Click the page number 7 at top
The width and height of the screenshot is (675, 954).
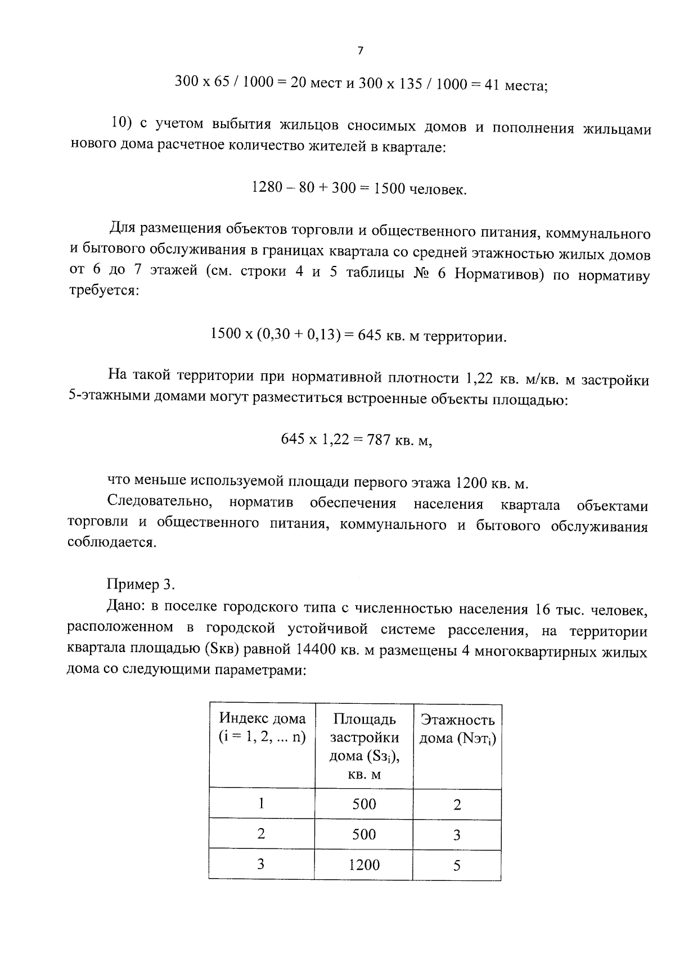click(x=360, y=51)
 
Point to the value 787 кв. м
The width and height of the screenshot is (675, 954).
click(x=399, y=439)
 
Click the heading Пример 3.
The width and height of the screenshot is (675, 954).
click(x=141, y=584)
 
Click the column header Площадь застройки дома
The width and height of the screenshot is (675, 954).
click(x=364, y=745)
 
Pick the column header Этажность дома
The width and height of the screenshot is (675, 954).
click(x=457, y=729)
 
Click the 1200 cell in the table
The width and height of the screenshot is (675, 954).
click(x=364, y=865)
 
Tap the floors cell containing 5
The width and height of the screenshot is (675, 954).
click(x=457, y=866)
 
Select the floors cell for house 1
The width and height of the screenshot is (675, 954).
click(x=457, y=804)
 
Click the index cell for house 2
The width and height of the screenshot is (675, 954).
click(x=261, y=834)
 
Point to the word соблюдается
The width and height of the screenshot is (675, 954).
click(x=111, y=543)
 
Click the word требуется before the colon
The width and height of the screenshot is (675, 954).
click(x=101, y=292)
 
